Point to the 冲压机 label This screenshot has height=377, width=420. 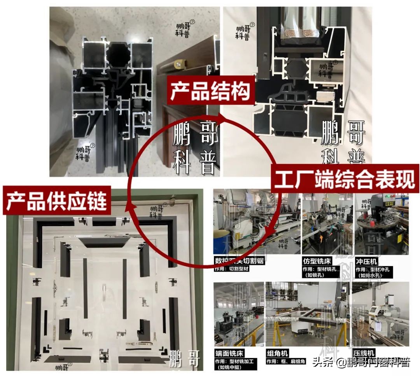tap(366, 261)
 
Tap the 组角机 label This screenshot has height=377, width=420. tap(278, 353)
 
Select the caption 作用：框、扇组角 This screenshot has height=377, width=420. tap(286, 361)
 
